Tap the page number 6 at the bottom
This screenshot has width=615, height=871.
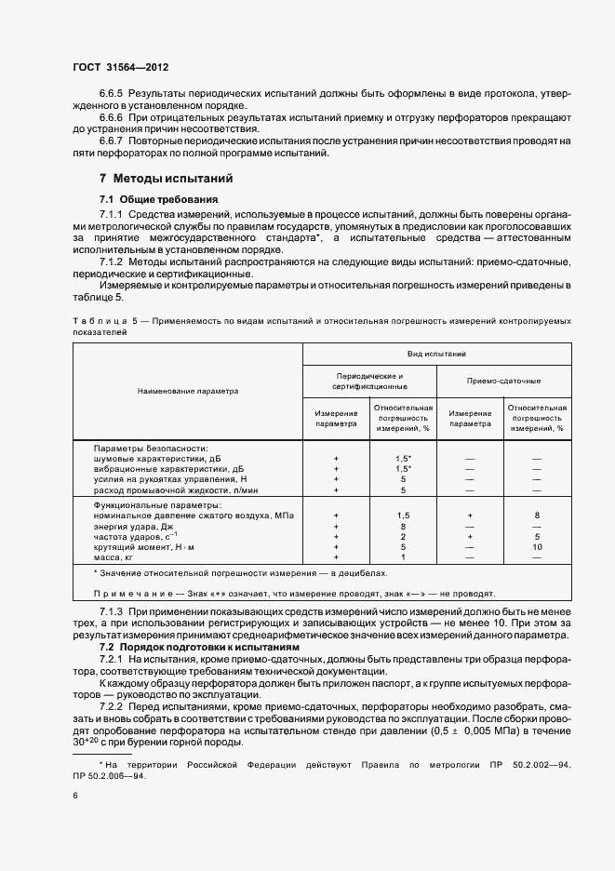(x=74, y=796)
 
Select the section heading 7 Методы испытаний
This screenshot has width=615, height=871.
(x=166, y=178)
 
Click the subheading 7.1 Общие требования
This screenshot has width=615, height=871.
(x=159, y=199)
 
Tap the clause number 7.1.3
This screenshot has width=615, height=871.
(x=111, y=610)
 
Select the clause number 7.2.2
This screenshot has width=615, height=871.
(x=111, y=706)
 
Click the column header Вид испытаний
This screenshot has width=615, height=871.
(x=436, y=355)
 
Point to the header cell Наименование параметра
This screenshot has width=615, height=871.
(x=187, y=391)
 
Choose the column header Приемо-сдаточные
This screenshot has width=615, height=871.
(x=503, y=381)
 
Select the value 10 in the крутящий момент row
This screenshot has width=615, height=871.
(x=537, y=546)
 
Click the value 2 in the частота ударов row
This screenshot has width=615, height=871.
(x=403, y=536)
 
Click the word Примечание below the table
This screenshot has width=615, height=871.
(x=130, y=593)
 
